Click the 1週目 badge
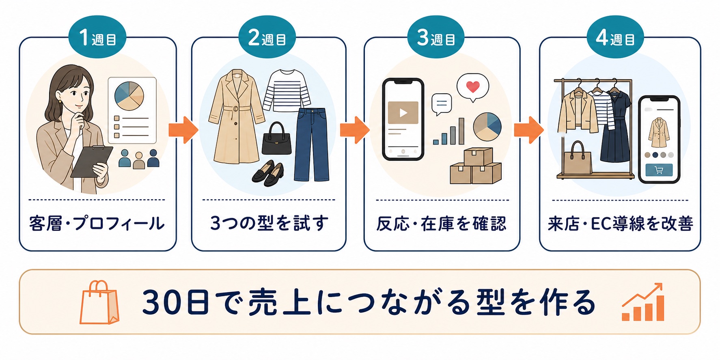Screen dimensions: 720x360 pyautogui.click(x=97, y=37)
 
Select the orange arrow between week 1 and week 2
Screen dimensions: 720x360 pyautogui.click(x=183, y=130)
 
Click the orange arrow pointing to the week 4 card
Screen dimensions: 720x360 pyautogui.click(x=529, y=130)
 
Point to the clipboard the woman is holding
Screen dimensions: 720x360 pyautogui.click(x=92, y=161)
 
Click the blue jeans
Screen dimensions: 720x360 pyautogui.click(x=311, y=144)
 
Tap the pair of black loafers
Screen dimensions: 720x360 pyautogui.click(x=268, y=173)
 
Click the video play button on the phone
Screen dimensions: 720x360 pyautogui.click(x=403, y=112)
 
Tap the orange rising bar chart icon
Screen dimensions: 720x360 pyautogui.click(x=643, y=302)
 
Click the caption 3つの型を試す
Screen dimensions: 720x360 pyautogui.click(x=269, y=224)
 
